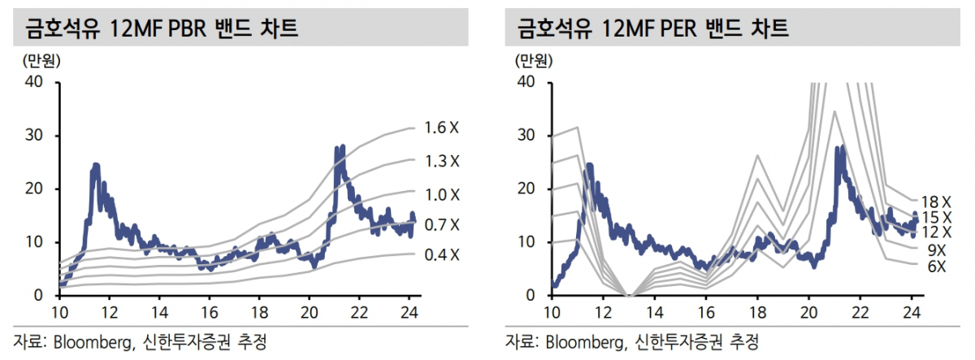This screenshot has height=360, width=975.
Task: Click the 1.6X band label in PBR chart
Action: (x=442, y=128)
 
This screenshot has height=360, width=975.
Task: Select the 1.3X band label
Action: (x=442, y=161)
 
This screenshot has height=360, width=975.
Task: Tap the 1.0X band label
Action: (x=442, y=195)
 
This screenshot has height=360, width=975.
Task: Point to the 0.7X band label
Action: (x=442, y=225)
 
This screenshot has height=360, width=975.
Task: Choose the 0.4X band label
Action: (x=442, y=256)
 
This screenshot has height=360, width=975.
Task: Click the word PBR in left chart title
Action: (x=184, y=29)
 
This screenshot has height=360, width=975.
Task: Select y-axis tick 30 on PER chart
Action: (x=528, y=136)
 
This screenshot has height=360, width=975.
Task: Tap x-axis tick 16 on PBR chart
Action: (x=209, y=312)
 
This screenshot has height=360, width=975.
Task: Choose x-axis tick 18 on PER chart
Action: (x=757, y=312)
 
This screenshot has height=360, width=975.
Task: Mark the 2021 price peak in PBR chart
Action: (x=341, y=148)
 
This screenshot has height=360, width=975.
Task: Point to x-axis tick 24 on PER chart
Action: (x=912, y=312)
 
